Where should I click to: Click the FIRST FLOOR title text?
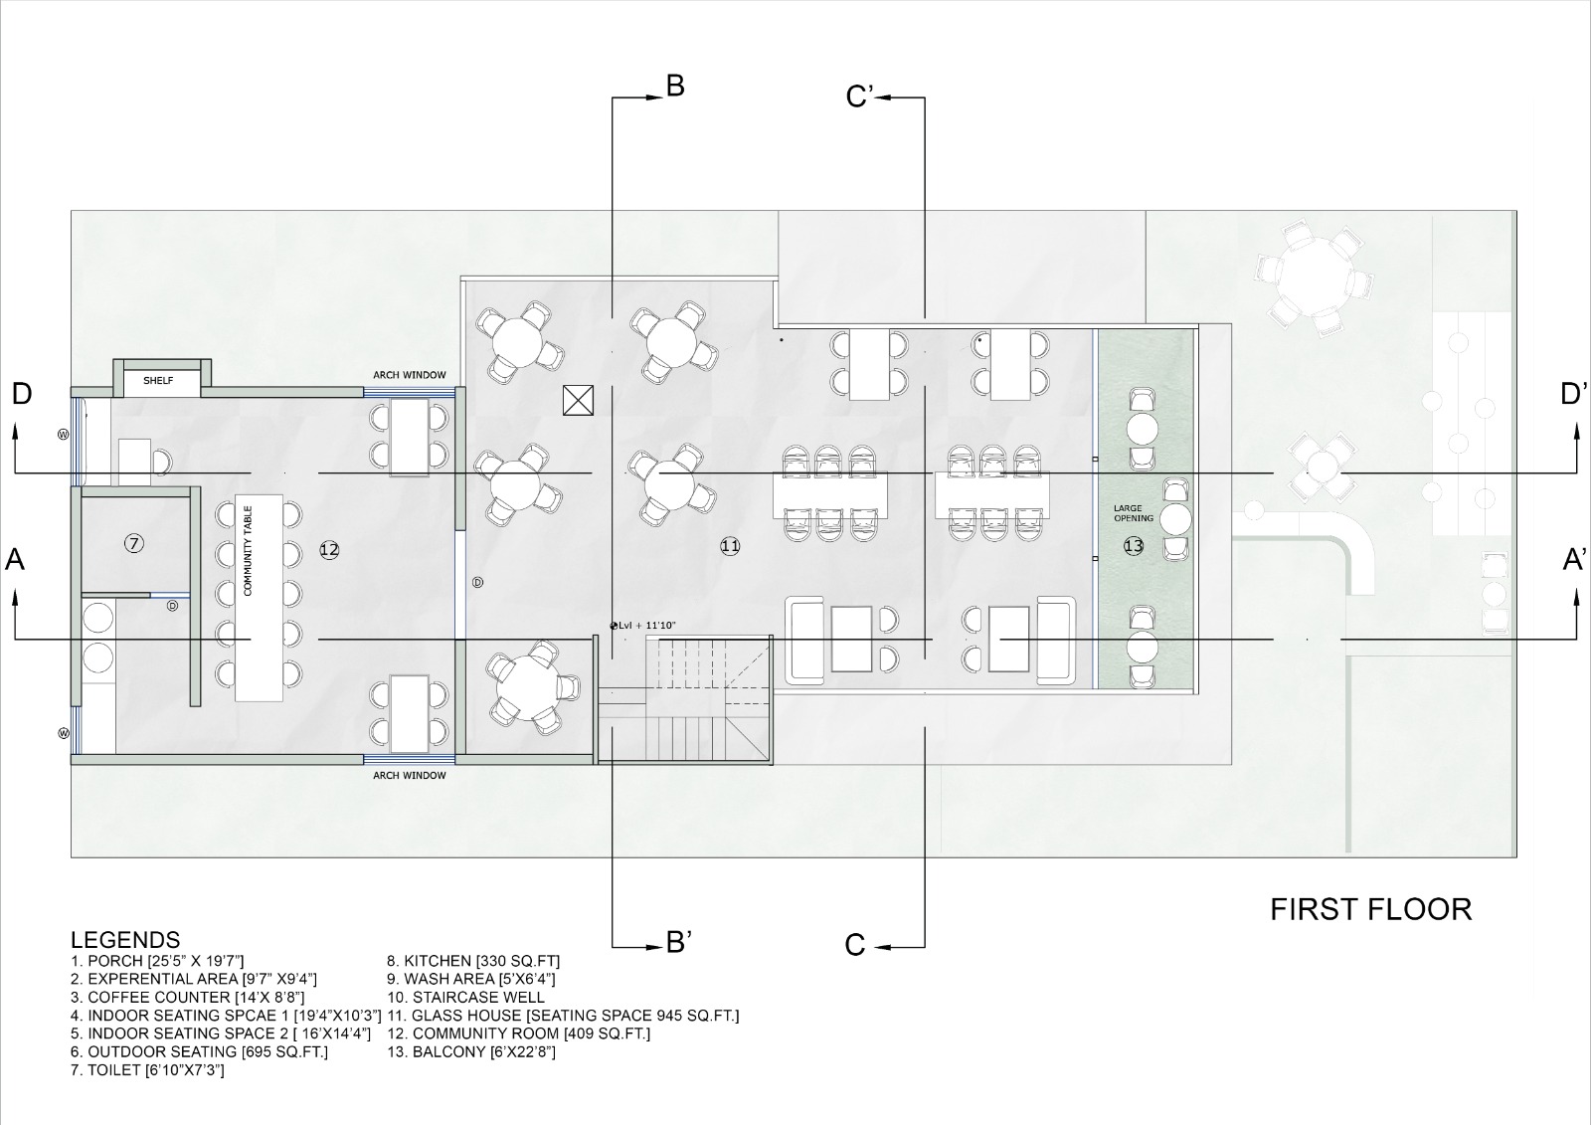(1370, 909)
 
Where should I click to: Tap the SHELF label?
(158, 380)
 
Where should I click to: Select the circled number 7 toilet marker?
(135, 542)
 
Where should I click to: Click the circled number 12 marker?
(330, 549)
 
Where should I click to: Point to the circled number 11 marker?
(730, 546)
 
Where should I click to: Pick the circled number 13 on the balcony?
(1134, 546)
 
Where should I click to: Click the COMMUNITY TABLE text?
(249, 549)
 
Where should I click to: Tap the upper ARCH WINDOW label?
(410, 375)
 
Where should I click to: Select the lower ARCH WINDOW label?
(410, 775)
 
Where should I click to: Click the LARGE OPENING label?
(1134, 513)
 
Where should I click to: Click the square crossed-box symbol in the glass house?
(577, 400)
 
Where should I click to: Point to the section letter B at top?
(674, 87)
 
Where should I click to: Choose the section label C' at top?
(858, 96)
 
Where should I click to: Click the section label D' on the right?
(1573, 394)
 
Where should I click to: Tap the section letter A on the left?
(15, 560)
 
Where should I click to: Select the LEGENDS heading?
(125, 940)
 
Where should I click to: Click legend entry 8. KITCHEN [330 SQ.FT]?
(473, 961)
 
